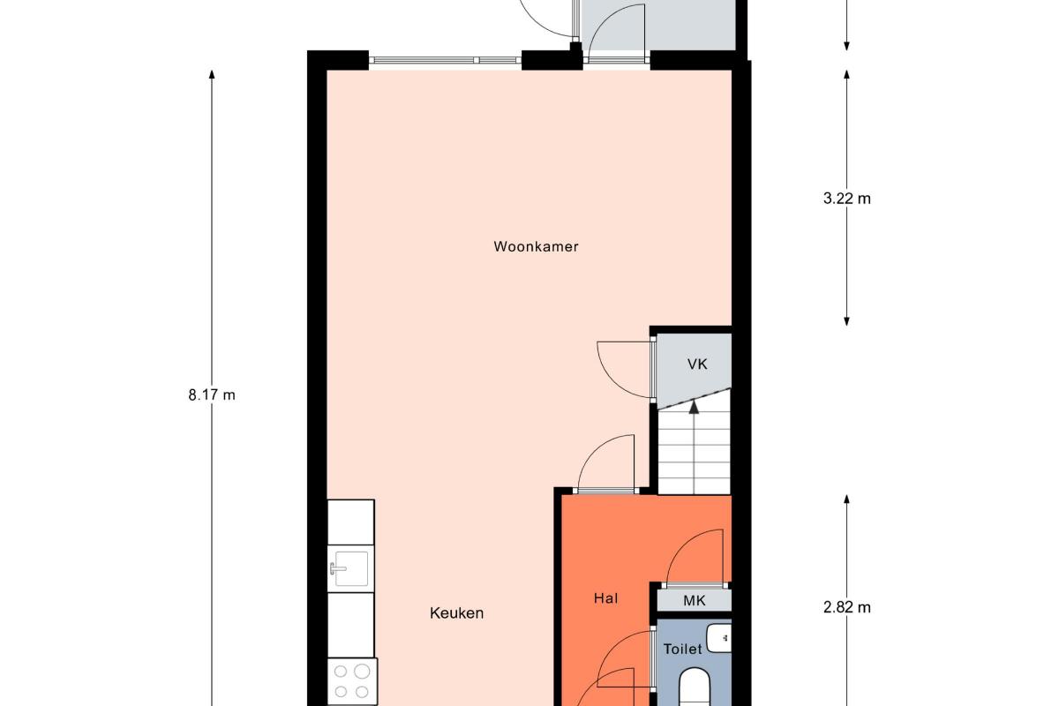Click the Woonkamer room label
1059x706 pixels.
[536, 247]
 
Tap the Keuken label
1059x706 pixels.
[457, 613]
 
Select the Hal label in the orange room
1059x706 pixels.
[605, 598]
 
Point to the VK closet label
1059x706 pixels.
[697, 364]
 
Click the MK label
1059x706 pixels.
[695, 601]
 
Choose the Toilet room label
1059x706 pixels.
[683, 650]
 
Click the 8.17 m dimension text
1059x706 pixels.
[212, 394]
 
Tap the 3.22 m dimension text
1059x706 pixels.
[846, 199]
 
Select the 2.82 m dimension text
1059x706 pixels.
[846, 608]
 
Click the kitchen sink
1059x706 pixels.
[351, 568]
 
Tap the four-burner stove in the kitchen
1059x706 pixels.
[352, 682]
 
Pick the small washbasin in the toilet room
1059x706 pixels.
[718, 638]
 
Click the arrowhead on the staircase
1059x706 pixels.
[694, 407]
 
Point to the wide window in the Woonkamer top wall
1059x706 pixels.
[445, 60]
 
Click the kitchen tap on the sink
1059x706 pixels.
[336, 568]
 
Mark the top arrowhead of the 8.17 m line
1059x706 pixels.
[212, 75]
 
